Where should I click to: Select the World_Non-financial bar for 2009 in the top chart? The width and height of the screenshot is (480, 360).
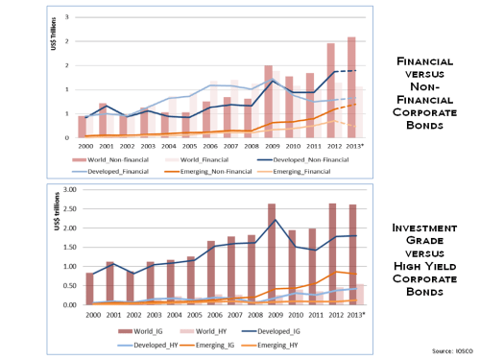(x=269, y=101)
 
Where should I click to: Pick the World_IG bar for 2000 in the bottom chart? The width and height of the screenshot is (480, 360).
(x=89, y=288)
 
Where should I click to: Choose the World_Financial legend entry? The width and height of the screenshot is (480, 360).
(x=220, y=154)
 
